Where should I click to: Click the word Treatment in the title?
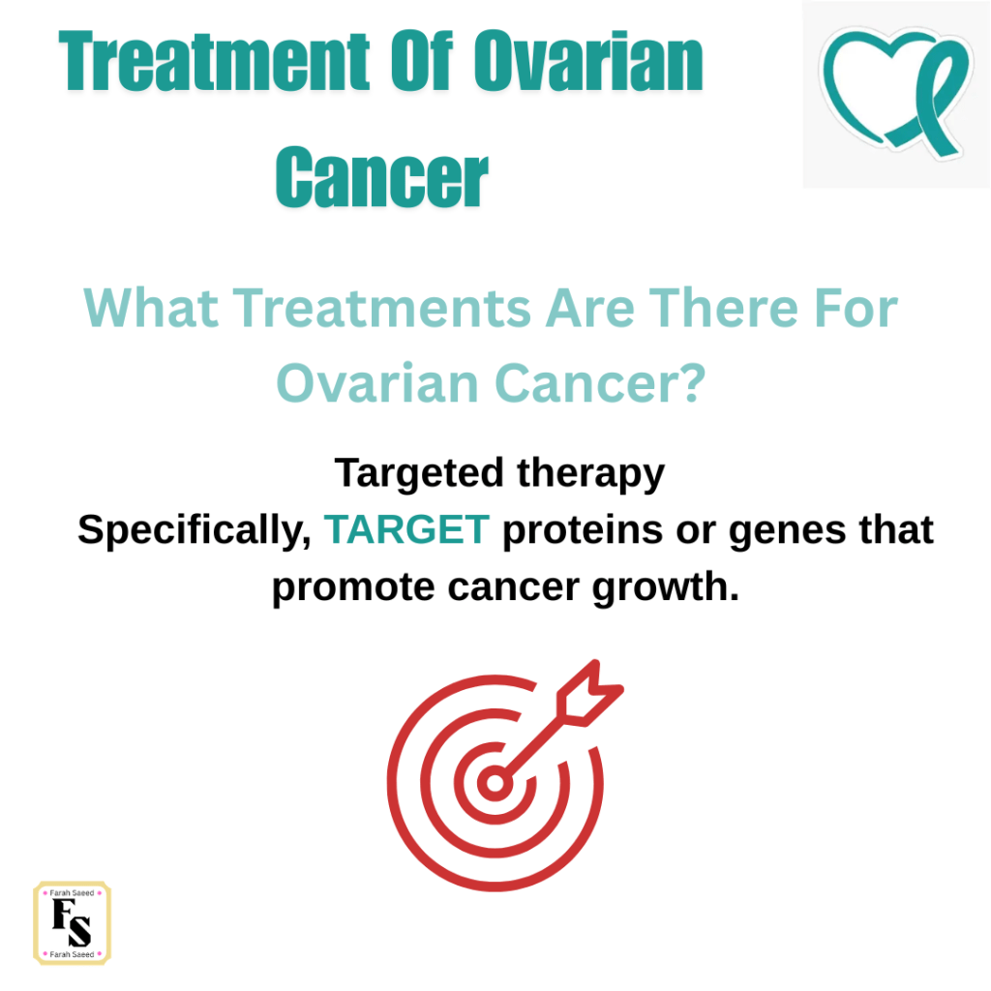pos(214,61)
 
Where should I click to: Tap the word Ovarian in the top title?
pos(589,61)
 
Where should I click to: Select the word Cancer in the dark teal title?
pos(382,177)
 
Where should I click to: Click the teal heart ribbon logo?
pos(895,92)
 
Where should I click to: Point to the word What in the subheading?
pos(151,308)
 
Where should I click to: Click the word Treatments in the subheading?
pos(382,308)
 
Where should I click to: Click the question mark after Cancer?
pos(693,383)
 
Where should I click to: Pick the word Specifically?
pos(195,529)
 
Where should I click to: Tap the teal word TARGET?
pos(406,529)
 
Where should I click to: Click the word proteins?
pos(582,530)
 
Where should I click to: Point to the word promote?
pos(352,587)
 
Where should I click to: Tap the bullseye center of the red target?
pos(495,783)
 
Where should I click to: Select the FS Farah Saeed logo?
pos(72,922)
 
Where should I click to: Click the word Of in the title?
pos(422,61)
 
